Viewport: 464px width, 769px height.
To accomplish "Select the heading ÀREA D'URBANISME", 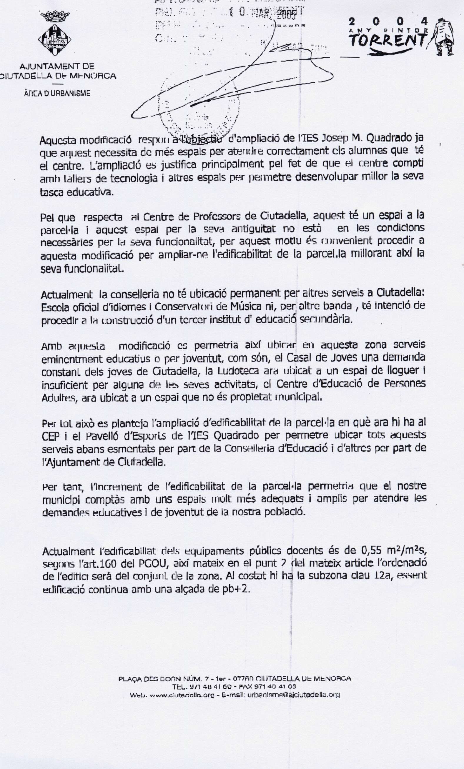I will (x=57, y=93).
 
